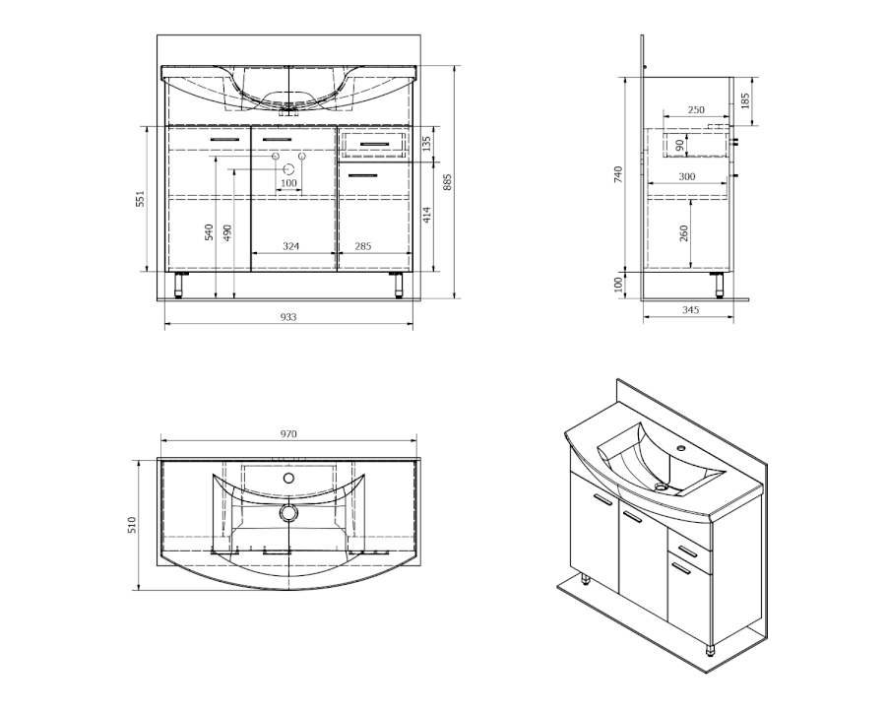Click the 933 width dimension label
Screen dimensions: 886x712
tap(288, 317)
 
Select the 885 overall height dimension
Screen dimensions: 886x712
tap(448, 181)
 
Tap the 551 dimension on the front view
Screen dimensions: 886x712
tap(140, 198)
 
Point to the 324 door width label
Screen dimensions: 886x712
tap(291, 246)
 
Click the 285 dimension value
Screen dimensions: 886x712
tap(362, 246)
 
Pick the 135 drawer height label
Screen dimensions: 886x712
tap(426, 144)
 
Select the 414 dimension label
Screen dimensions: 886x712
tap(426, 215)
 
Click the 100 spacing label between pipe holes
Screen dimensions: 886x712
tap(288, 183)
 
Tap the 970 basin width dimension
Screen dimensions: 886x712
tap(288, 434)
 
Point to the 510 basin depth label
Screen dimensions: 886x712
tap(132, 525)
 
